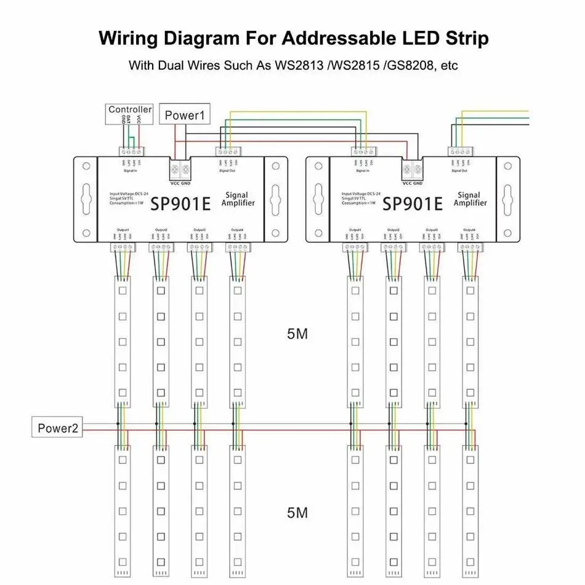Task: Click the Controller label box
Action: pyautogui.click(x=130, y=110)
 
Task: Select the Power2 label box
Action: pyautogui.click(x=57, y=429)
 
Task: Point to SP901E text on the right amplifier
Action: pyautogui.click(x=413, y=203)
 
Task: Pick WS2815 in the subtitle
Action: pyautogui.click(x=355, y=65)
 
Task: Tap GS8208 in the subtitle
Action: pyautogui.click(x=410, y=65)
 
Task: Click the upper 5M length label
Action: pyautogui.click(x=297, y=334)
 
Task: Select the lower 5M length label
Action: pyautogui.click(x=297, y=512)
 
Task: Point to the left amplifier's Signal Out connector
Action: pyautogui.click(x=226, y=151)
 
